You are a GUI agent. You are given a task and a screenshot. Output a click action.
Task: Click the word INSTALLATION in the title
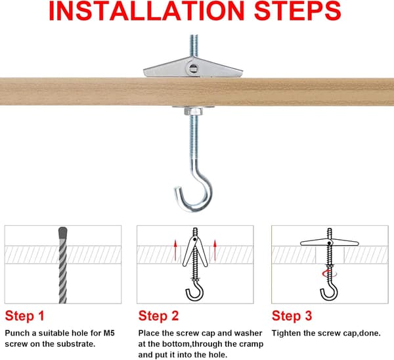(x=146, y=11)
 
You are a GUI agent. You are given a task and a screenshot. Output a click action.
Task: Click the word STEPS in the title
(x=297, y=11)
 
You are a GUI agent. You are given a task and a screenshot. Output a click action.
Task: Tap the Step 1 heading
(x=25, y=316)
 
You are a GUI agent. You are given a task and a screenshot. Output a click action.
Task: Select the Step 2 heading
(x=158, y=316)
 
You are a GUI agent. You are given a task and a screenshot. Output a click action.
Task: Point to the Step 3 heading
(x=292, y=316)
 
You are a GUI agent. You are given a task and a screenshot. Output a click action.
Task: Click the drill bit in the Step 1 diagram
(x=63, y=265)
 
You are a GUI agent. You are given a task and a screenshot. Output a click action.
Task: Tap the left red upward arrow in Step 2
(x=175, y=250)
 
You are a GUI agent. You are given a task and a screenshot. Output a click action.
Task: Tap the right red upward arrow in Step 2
(x=215, y=250)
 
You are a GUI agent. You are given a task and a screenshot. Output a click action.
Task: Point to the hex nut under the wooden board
(x=193, y=111)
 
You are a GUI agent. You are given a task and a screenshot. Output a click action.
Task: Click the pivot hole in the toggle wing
(x=193, y=68)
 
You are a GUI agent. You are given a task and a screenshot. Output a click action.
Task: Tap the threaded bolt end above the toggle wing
(x=194, y=46)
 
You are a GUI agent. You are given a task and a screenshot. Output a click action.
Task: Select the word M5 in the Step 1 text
(x=109, y=333)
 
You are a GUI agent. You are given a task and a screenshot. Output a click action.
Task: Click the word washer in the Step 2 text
(x=248, y=333)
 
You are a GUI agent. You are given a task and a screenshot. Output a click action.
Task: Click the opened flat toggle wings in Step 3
(x=329, y=243)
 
